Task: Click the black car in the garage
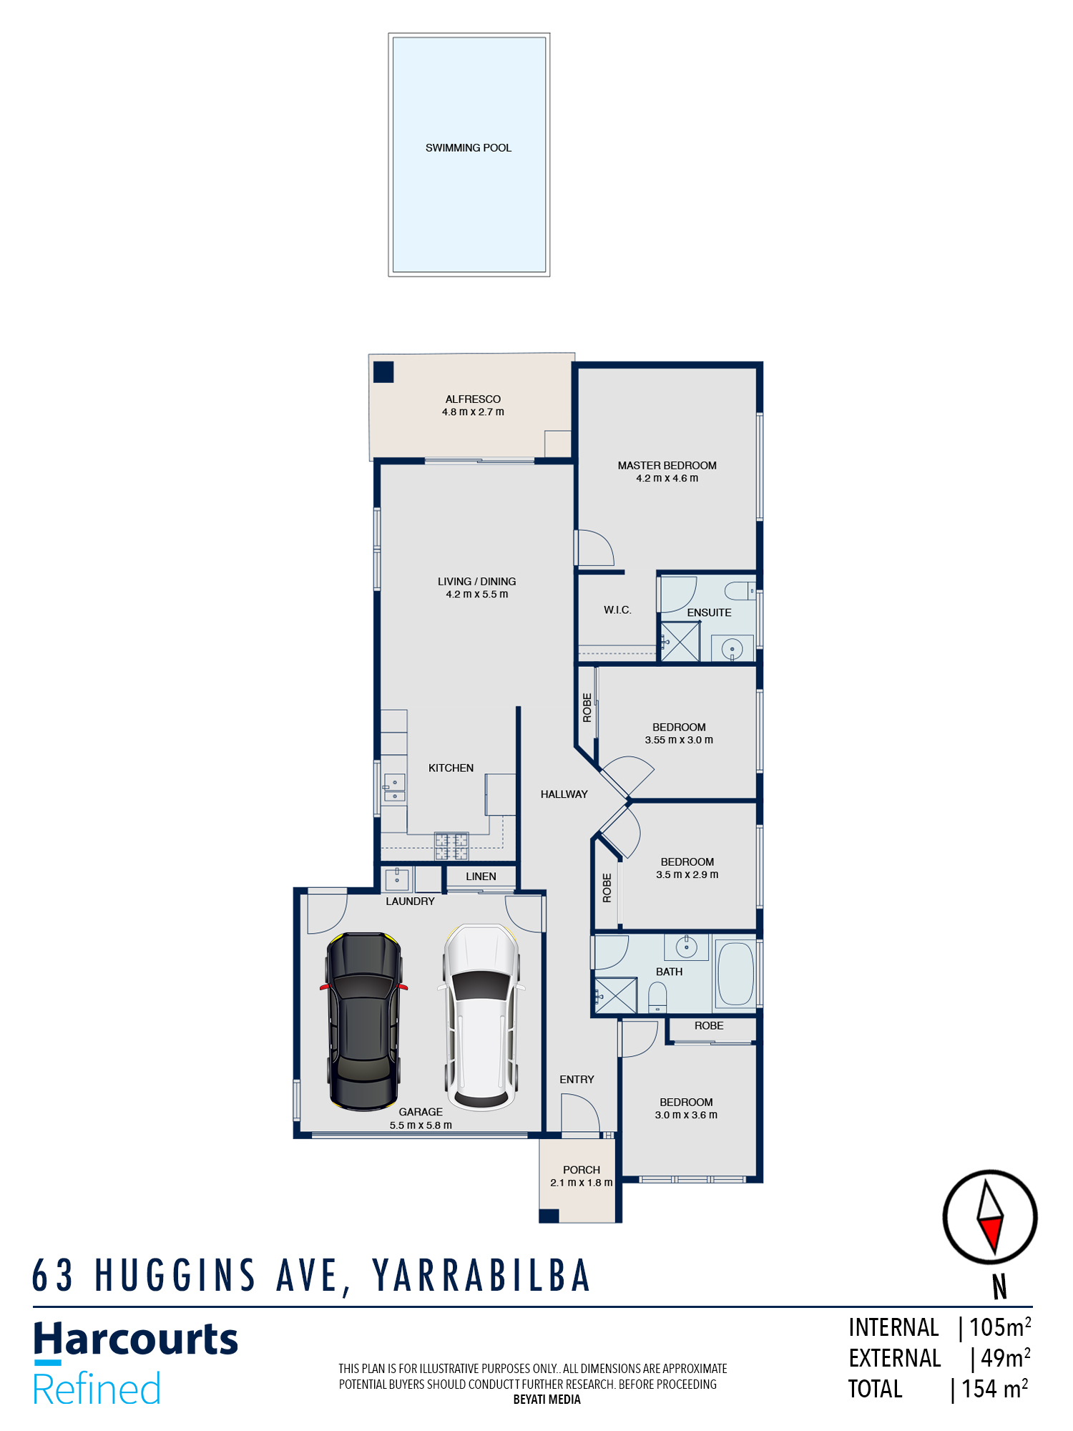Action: click(363, 1022)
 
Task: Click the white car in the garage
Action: click(481, 1017)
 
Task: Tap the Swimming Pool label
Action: click(469, 148)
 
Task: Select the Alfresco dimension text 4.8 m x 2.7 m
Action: click(473, 412)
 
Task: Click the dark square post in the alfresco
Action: click(383, 372)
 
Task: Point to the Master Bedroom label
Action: click(667, 465)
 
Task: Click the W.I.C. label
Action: click(617, 610)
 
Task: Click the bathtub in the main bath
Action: click(735, 974)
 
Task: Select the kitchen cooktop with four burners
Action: click(451, 846)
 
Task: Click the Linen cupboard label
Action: click(481, 876)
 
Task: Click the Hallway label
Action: click(564, 794)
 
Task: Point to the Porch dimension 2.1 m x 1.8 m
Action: click(581, 1183)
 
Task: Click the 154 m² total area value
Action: click(994, 1389)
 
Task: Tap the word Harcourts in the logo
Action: click(136, 1339)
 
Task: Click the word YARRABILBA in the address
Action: click(481, 1276)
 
